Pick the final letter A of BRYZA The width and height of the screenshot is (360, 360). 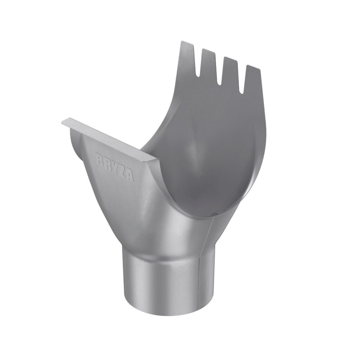pyautogui.click(x=130, y=176)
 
